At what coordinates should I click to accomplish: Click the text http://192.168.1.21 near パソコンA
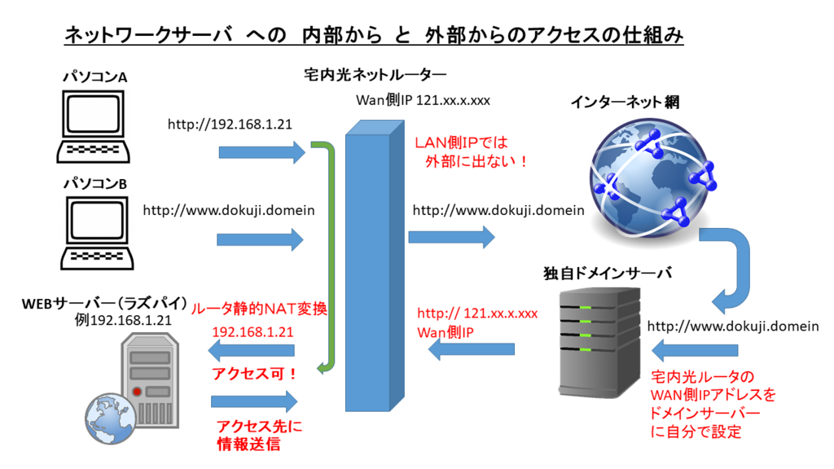point(230,125)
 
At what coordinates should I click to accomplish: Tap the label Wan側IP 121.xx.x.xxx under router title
point(423,101)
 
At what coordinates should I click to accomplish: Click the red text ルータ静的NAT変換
point(258,310)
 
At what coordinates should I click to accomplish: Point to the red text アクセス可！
point(253,373)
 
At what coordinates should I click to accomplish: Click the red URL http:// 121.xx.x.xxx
point(477,313)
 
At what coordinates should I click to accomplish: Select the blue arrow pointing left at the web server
point(252,351)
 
